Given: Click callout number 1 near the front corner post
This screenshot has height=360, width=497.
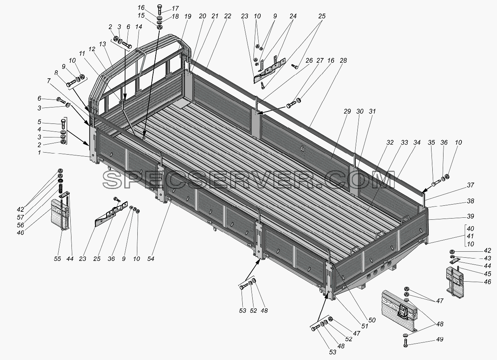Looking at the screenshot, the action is point(39,153).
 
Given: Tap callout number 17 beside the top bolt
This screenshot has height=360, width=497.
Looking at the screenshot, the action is point(175,8).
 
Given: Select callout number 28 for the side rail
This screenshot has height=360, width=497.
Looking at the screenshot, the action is point(343,60).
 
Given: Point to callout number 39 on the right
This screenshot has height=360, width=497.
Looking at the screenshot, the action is point(470,216).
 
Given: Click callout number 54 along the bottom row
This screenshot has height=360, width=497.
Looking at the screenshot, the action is point(150,259).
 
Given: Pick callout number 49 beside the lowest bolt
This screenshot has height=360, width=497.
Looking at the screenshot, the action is point(440,339).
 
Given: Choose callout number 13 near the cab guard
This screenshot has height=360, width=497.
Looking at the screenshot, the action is point(102,44).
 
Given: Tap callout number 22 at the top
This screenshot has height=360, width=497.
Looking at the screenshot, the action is point(228,16).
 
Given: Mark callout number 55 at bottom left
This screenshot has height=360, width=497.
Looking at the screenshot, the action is point(57,259).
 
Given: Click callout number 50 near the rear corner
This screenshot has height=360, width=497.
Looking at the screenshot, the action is point(372,320).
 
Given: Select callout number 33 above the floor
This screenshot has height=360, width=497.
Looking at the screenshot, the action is point(404,142).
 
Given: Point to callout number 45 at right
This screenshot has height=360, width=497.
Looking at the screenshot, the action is point(487,274).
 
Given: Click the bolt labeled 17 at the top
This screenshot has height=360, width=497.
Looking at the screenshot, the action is point(160,10).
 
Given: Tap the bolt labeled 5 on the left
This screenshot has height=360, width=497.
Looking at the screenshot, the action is point(63,124).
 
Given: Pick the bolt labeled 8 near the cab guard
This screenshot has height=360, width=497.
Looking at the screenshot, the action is point(71,84).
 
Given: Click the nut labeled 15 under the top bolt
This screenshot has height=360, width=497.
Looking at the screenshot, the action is point(160,28).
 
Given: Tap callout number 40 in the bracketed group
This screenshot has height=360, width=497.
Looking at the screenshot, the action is point(470,229).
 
